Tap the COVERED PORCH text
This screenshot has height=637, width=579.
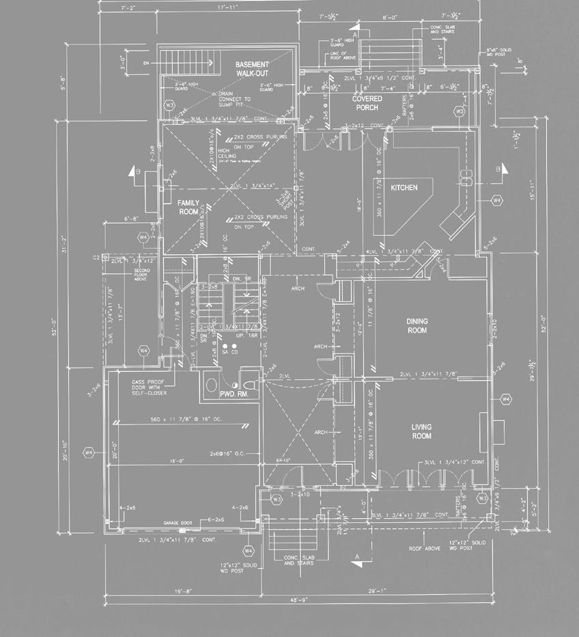coord(366,103)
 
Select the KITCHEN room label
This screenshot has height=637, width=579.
coord(404,187)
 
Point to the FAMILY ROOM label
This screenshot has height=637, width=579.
coord(188,207)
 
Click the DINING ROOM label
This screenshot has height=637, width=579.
coord(416,325)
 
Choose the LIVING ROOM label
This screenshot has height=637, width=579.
coord(421,431)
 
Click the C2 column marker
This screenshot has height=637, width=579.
coord(96,258)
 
